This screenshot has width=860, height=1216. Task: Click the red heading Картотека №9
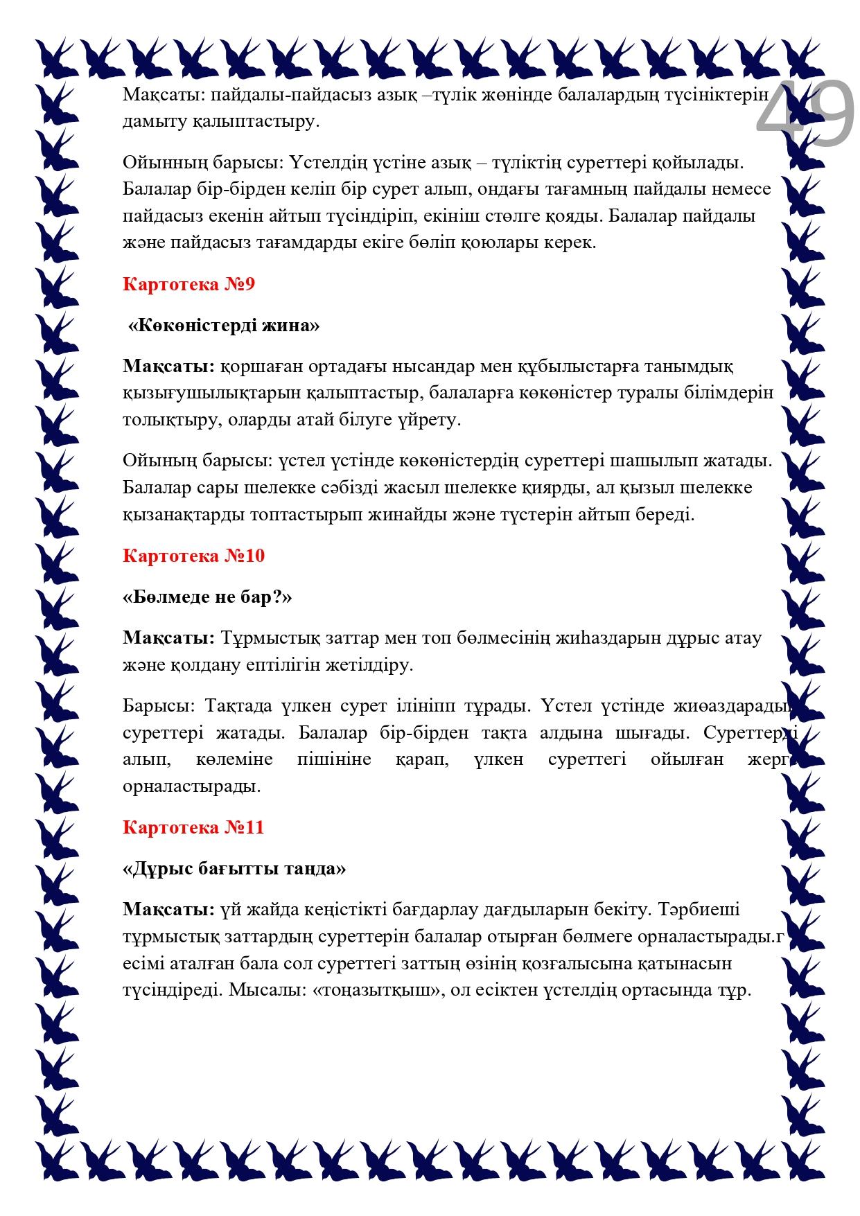[189, 284]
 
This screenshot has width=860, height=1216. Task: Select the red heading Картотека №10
[193, 556]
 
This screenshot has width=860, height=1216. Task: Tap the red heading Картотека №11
[193, 827]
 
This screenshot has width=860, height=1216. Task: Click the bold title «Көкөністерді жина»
[224, 325]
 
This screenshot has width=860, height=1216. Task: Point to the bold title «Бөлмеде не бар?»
[207, 597]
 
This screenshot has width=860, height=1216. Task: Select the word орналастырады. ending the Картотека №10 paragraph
[192, 786]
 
